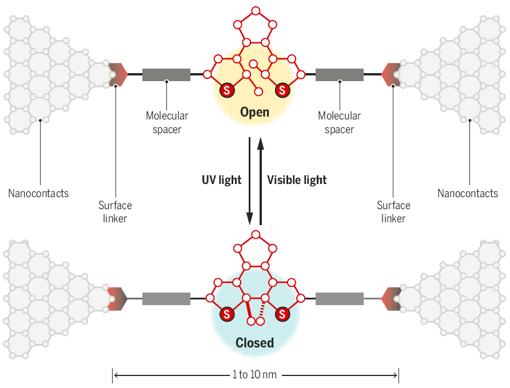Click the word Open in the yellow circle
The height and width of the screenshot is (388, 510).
[254, 112]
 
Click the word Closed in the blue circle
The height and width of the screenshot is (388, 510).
[254, 343]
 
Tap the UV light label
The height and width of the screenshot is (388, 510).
[221, 180]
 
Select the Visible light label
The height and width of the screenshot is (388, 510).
[297, 180]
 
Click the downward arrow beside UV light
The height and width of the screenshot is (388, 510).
[249, 181]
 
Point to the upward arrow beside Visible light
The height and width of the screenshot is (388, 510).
[260, 181]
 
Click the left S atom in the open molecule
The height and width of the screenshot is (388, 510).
[227, 90]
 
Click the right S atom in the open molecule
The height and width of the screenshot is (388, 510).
[282, 90]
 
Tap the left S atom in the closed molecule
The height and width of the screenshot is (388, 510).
[227, 314]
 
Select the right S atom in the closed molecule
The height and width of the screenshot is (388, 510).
[282, 314]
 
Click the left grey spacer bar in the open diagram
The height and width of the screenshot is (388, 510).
[166, 75]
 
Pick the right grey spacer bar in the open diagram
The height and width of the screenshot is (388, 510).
[340, 75]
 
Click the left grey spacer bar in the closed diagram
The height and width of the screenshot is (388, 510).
[166, 299]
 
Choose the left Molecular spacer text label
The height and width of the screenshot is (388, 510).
[167, 122]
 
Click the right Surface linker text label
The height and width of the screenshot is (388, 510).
[393, 212]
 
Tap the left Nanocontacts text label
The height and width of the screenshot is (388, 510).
[38, 193]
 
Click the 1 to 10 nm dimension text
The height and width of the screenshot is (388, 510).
[254, 375]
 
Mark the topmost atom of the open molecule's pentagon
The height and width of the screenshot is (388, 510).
[256, 11]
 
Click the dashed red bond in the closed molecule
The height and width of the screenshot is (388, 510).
[262, 309]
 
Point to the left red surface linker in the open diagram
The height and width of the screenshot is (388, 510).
[118, 74]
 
